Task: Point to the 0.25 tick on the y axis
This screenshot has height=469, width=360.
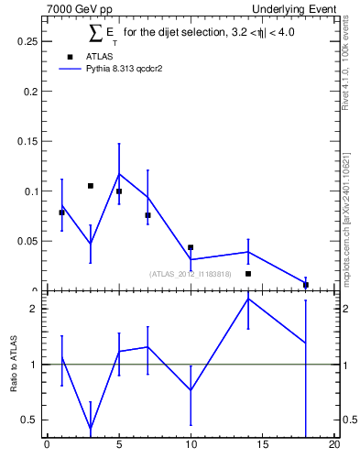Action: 27,41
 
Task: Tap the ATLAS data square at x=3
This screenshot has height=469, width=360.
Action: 90,186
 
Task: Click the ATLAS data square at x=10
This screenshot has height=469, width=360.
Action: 191,247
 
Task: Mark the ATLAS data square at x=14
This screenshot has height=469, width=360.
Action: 248,273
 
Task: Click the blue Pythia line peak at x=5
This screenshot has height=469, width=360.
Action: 119,174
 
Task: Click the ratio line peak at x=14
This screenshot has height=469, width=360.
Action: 248,299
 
